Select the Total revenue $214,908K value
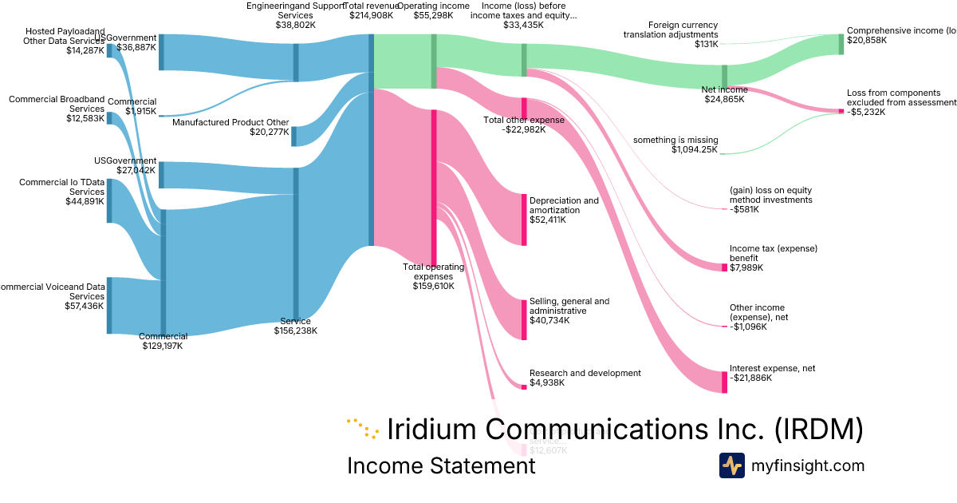point(372,15)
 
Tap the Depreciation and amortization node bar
point(524,219)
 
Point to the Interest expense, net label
point(772,368)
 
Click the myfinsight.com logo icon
point(731,465)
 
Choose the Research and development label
point(585,373)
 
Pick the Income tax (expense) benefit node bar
point(724,267)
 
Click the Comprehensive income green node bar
point(841,44)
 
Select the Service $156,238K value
point(295,331)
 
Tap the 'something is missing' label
point(675,140)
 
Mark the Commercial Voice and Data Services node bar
point(109,305)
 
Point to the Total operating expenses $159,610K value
point(433,286)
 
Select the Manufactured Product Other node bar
point(293,137)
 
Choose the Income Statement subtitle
point(441,465)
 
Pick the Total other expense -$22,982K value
point(523,129)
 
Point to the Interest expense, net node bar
point(724,382)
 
